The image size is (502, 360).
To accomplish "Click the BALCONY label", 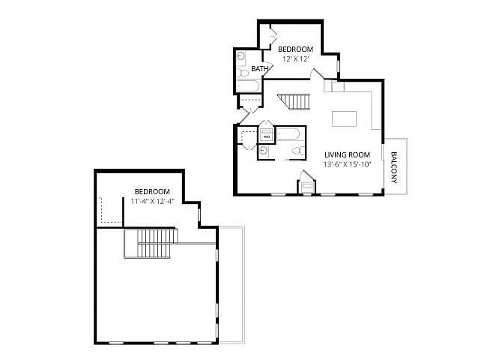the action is click(x=394, y=167).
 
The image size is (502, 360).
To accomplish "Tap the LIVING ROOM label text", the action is click(x=347, y=154).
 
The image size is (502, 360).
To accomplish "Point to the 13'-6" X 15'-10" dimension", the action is click(x=347, y=165).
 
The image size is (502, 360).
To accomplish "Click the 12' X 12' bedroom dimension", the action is click(x=295, y=59).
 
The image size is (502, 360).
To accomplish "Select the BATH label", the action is click(x=260, y=68).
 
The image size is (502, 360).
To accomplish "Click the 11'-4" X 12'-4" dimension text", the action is click(x=152, y=201).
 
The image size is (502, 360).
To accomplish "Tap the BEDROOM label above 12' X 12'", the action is click(x=295, y=49).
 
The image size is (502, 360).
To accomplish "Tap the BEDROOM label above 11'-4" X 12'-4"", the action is click(x=152, y=192).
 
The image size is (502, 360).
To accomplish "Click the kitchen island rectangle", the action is click(x=344, y=118).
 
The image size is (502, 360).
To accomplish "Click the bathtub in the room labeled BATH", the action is click(x=248, y=86).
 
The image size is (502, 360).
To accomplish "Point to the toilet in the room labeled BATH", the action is click(x=244, y=73).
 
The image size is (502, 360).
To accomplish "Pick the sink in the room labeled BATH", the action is click(x=241, y=57).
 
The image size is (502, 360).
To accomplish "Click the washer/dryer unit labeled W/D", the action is click(x=267, y=134).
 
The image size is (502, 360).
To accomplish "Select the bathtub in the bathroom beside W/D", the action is click(x=288, y=133).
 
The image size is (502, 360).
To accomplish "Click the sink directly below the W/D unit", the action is click(x=264, y=150).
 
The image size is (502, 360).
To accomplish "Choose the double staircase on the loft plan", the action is click(x=151, y=243).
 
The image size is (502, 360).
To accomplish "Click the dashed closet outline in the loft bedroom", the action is click(x=110, y=210).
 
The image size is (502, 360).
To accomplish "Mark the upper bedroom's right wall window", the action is click(x=337, y=67).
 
